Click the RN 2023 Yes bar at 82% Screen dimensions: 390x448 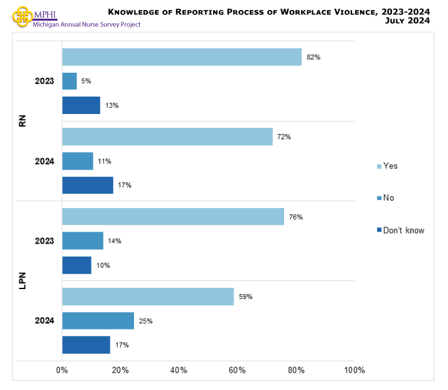[181, 57]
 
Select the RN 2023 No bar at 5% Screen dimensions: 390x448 [69, 81]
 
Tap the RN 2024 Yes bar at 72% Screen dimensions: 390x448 [167, 136]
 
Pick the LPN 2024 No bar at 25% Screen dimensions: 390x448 [98, 321]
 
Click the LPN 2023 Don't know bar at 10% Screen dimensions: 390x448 [77, 265]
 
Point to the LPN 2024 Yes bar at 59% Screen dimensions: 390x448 [148, 297]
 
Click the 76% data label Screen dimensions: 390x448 [296, 217]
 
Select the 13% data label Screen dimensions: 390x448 [112, 105]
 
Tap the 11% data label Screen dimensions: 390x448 [105, 161]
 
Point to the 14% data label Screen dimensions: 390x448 [115, 241]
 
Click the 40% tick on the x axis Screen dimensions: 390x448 [179, 371]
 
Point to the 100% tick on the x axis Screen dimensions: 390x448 [354, 371]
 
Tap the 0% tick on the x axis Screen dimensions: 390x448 [62, 371]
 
